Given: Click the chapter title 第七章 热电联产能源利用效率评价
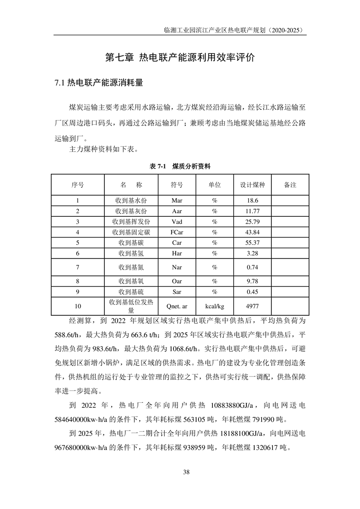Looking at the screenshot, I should [x=180, y=58].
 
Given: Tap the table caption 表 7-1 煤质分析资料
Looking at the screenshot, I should [x=180, y=166].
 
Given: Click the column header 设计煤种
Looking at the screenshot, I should [x=252, y=185].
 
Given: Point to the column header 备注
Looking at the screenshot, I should [x=290, y=185].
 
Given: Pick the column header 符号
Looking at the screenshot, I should [x=177, y=185].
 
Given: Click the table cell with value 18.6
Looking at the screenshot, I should [x=252, y=200].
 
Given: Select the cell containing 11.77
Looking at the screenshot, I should [x=252, y=211].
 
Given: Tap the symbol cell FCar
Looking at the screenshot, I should [x=177, y=232].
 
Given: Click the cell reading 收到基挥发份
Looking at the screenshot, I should [x=131, y=221].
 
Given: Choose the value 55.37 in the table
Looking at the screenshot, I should [x=252, y=243].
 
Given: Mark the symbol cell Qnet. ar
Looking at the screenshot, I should [x=177, y=306].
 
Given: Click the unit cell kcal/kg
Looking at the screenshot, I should [x=214, y=306].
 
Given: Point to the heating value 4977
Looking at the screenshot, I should [x=252, y=306].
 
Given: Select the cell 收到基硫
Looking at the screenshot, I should [x=131, y=292].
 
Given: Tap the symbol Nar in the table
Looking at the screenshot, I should [x=177, y=267].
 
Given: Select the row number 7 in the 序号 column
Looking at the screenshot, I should [x=78, y=267].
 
